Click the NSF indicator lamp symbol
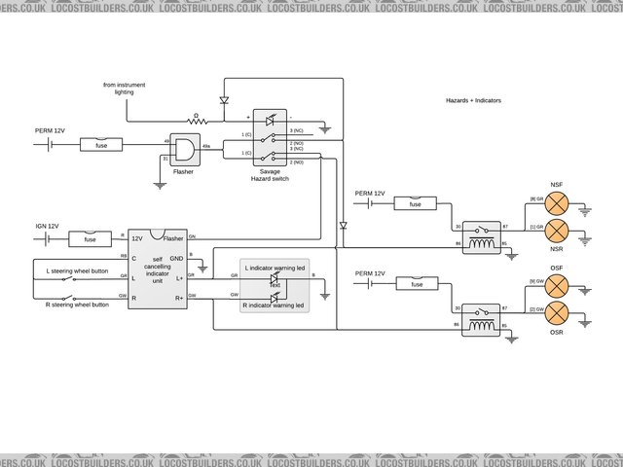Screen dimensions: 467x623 click(557, 201)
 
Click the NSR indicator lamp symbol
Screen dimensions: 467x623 click(557, 230)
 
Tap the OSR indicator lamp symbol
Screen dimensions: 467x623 click(557, 312)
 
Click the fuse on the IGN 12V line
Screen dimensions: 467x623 click(91, 238)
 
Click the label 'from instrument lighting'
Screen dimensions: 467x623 click(124, 90)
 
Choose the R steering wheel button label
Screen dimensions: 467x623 click(77, 305)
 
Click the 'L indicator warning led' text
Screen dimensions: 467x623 click(274, 267)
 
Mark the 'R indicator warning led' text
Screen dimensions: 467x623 click(274, 305)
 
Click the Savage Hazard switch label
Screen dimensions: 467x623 click(271, 175)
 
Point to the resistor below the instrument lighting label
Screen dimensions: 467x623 click(198, 121)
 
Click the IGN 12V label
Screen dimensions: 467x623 click(48, 226)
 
